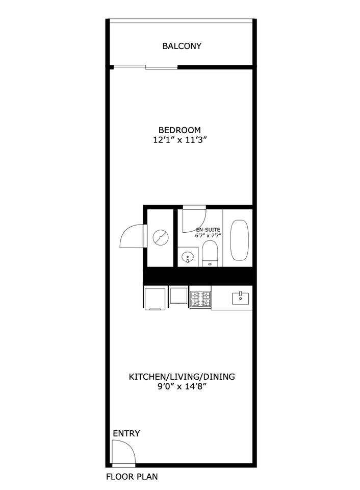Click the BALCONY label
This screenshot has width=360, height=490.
(182, 46)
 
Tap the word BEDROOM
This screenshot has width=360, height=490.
(179, 130)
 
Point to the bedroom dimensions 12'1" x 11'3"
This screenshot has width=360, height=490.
(180, 140)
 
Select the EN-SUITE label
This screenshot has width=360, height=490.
(208, 230)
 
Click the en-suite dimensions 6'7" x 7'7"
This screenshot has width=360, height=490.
(208, 236)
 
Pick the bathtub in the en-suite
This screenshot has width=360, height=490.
(240, 240)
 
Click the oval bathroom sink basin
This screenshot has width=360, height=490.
(188, 257)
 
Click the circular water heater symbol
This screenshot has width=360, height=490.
(161, 237)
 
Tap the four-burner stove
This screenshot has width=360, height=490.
(200, 300)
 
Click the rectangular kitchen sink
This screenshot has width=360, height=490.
(240, 299)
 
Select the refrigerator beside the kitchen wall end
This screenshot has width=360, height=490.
(155, 298)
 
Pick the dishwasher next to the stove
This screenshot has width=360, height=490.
(178, 296)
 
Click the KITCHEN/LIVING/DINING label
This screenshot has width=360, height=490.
(182, 377)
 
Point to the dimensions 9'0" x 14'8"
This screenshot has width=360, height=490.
(183, 386)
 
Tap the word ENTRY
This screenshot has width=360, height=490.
(126, 433)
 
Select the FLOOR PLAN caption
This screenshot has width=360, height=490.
(132, 477)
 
